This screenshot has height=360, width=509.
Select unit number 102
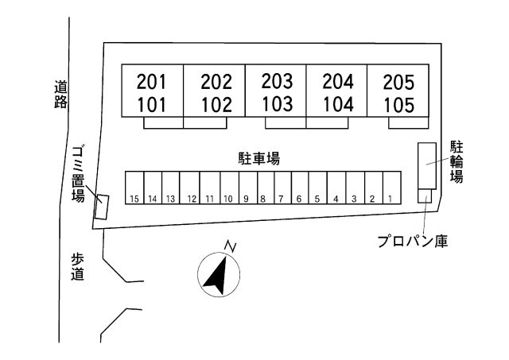pyautogui.click(x=216, y=105)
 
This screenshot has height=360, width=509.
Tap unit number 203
pyautogui.click(x=277, y=81)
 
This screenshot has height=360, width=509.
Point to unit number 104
pyautogui.click(x=338, y=104)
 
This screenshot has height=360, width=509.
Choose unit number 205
pyautogui.click(x=398, y=81)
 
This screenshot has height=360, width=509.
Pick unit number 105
pyautogui.click(x=398, y=105)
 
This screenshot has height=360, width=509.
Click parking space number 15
pyautogui.click(x=135, y=199)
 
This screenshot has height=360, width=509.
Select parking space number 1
pyautogui.click(x=390, y=199)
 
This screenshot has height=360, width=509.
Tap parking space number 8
pyautogui.click(x=262, y=199)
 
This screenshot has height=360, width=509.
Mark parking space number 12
pyautogui.click(x=191, y=199)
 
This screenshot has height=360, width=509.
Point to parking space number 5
pyautogui.click(x=317, y=199)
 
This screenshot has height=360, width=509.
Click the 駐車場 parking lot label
pyautogui.click(x=258, y=158)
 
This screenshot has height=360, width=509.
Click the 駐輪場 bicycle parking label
pyautogui.click(x=457, y=162)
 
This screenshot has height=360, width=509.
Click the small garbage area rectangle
pyautogui.click(x=101, y=207)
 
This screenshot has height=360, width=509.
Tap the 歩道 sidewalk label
pyautogui.click(x=77, y=266)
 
